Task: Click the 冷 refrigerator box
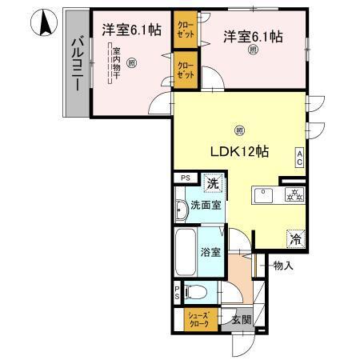tap(296, 238)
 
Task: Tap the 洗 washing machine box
tap(212, 184)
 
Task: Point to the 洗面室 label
tap(206, 205)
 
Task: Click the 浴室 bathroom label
tap(211, 250)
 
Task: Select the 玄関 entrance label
tap(242, 319)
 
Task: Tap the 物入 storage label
tap(281, 265)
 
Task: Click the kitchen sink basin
tap(264, 194)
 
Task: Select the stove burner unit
tap(292, 194)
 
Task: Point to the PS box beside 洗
tap(185, 178)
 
